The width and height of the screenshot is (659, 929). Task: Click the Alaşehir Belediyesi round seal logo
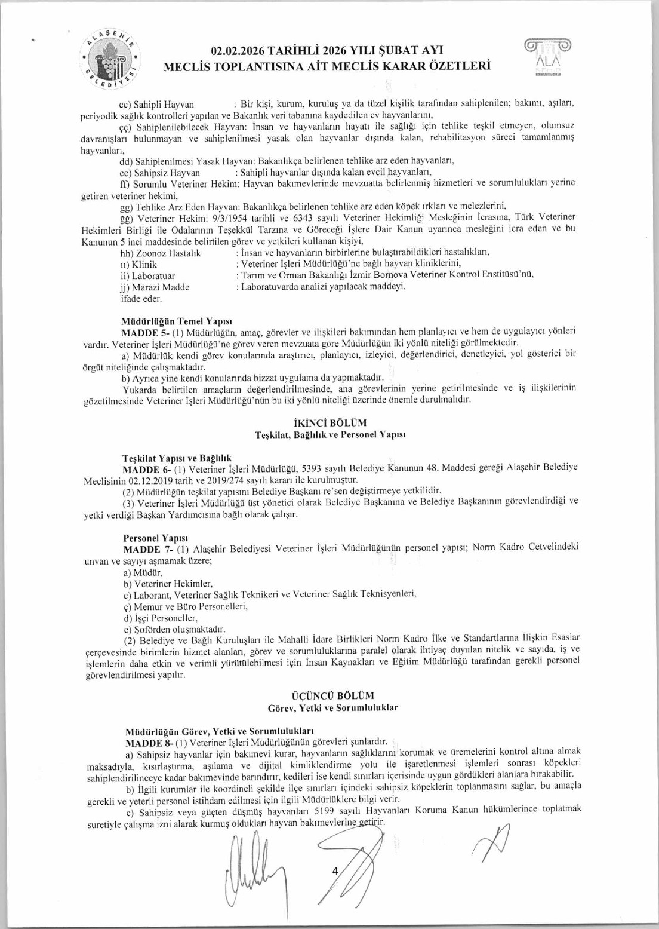112,59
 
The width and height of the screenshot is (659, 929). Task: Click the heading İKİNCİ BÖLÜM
329,423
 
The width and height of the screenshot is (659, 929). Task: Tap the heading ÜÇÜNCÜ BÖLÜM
332,695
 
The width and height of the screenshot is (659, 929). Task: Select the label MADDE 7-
143,548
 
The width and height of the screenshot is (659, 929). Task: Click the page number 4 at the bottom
334,870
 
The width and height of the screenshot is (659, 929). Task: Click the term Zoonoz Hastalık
161,253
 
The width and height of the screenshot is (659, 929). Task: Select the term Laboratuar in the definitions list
148,275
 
